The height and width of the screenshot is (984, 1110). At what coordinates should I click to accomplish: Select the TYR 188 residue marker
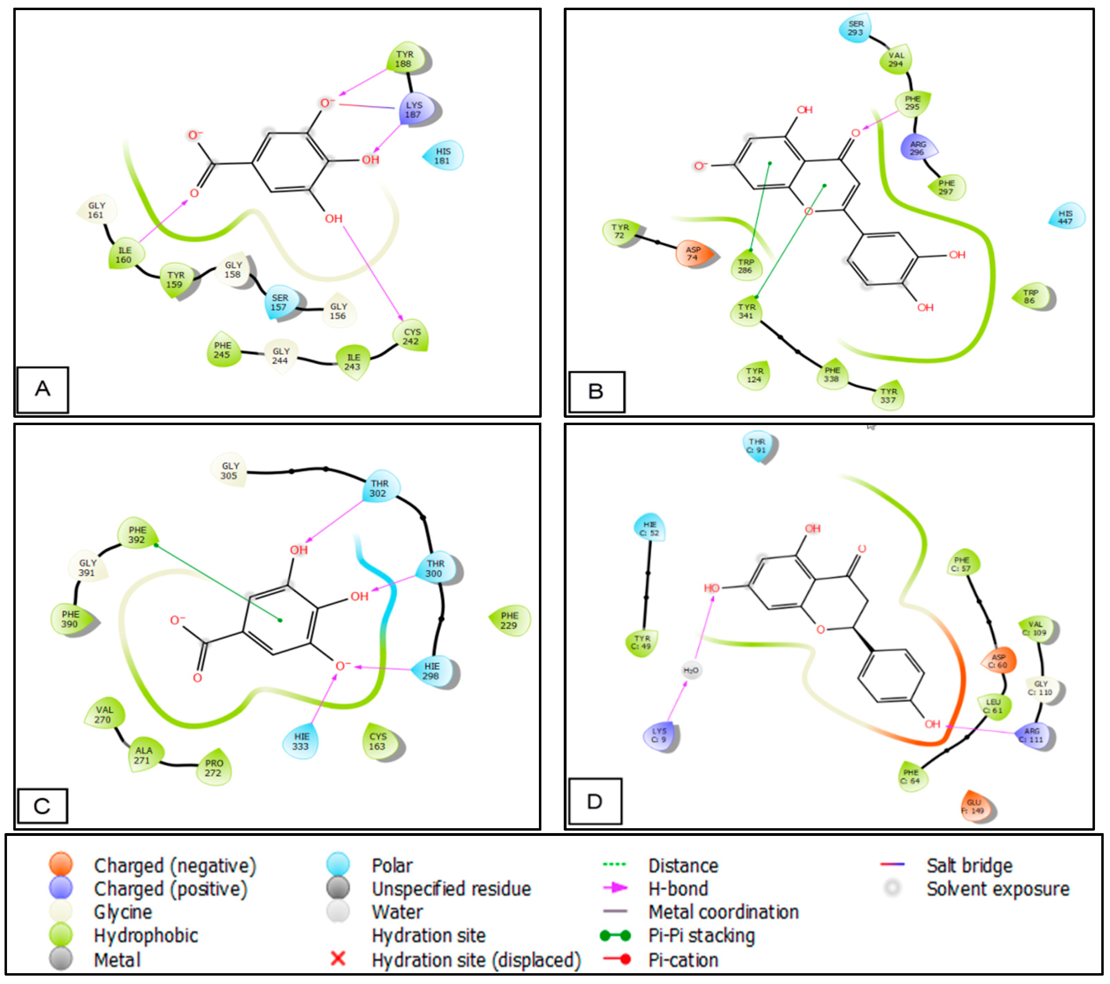coord(405,59)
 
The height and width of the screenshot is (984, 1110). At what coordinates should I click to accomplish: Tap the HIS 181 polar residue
coord(443,156)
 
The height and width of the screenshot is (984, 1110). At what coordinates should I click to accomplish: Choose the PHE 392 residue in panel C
coord(137,534)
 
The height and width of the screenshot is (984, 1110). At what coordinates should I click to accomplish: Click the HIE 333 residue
coord(301,741)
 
